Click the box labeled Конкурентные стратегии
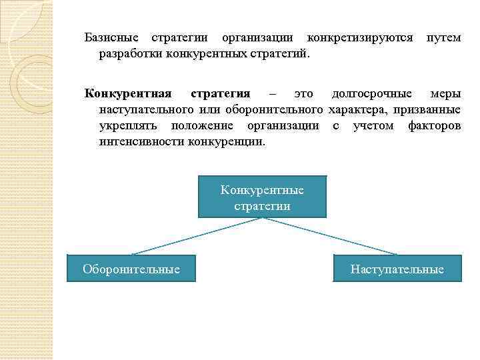coord(262,197)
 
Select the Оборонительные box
coord(131,269)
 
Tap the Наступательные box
coord(397,269)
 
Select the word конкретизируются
coord(360,37)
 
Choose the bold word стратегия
coord(221,93)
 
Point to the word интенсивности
coord(141,141)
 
